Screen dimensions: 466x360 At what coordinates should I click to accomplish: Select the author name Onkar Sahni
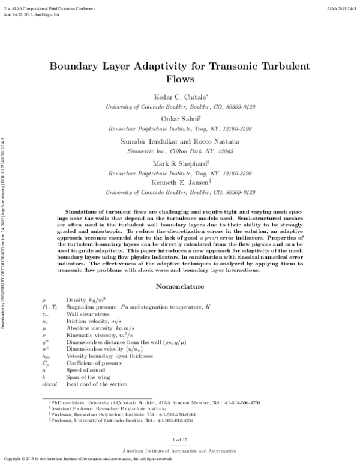point(179,119)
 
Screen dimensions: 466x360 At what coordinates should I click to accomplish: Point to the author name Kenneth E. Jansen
point(179,182)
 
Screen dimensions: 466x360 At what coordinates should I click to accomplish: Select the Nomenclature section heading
point(181,271)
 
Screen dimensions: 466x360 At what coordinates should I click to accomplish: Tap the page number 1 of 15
point(181,440)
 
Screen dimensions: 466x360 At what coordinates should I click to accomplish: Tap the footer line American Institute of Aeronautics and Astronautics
point(181,449)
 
